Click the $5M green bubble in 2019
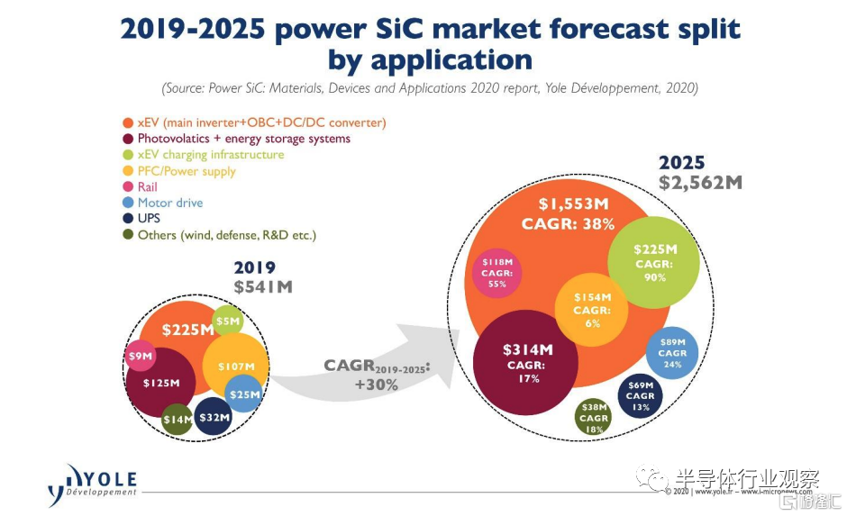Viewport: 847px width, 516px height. coord(228,321)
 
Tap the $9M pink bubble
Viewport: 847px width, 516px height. coord(140,357)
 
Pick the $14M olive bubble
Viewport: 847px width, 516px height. coord(178,420)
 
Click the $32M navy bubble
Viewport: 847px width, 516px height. coord(214,417)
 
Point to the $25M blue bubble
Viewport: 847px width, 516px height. coord(242,394)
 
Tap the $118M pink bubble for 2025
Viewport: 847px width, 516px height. coord(496,272)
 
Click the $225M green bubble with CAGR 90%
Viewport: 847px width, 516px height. coord(654,262)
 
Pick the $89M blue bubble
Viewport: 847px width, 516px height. coord(672,353)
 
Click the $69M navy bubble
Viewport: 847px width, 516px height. coord(641,396)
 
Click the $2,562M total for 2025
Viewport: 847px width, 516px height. coord(700,183)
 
